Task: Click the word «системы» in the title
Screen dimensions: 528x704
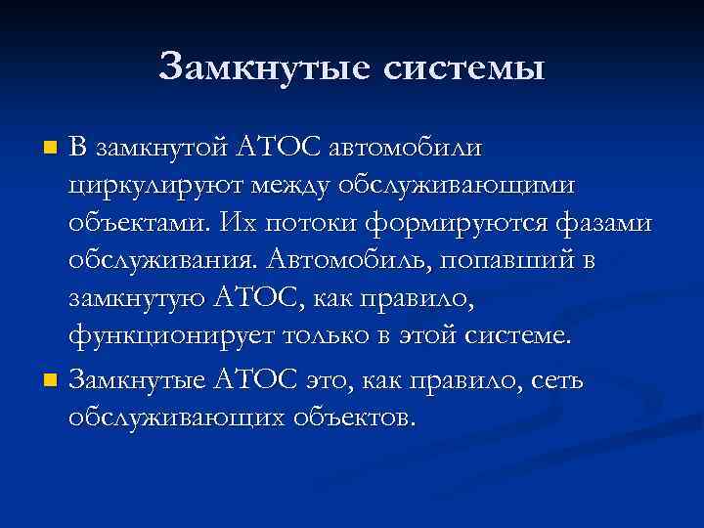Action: pos(462,67)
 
